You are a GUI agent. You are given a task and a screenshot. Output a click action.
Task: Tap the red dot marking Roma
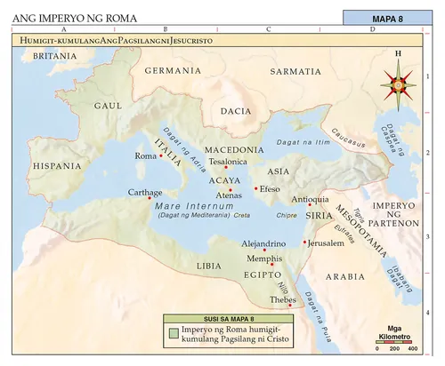[x=161, y=156]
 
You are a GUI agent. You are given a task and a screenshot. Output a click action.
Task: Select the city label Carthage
[x=144, y=191]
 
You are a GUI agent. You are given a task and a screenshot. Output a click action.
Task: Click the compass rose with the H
[x=398, y=84]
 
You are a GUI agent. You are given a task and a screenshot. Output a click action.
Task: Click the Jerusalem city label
[x=325, y=242]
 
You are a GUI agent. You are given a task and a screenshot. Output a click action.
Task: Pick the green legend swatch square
[x=174, y=333]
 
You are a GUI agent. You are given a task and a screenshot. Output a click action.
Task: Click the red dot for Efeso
[x=256, y=188]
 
